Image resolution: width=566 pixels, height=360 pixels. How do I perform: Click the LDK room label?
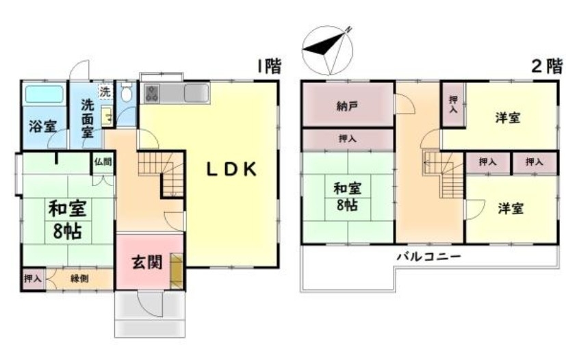coord(231,169)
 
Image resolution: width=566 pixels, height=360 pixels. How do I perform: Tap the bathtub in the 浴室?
coord(44,94)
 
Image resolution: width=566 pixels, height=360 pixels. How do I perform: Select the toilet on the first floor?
coord(126,92)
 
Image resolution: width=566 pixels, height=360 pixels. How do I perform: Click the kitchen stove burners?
coord(152,94)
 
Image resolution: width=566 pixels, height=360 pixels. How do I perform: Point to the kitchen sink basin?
coord(196,94)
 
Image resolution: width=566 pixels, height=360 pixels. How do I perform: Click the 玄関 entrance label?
coord(147,262)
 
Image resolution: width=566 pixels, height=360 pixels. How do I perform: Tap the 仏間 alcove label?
coord(103,162)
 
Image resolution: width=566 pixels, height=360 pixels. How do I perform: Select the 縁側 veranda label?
coord(79,279)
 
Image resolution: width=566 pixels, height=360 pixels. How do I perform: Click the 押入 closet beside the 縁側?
coord(33,279)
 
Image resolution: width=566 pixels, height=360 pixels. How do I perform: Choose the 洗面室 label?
coord(88,119)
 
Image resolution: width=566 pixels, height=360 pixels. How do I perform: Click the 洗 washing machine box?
coord(105,91)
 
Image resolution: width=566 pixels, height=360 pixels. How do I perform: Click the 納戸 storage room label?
coord(347,106)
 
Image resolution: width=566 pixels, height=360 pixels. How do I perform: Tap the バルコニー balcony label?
coord(429,257)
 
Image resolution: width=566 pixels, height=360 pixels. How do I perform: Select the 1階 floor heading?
coord(269,66)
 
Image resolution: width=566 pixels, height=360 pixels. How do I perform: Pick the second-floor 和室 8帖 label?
coord(347,197)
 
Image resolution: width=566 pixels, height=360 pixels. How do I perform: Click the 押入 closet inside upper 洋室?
coord(454,104)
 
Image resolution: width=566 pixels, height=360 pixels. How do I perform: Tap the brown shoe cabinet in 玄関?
coord(177,271)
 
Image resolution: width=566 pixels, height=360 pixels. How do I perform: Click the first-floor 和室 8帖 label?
coord(68,220)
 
